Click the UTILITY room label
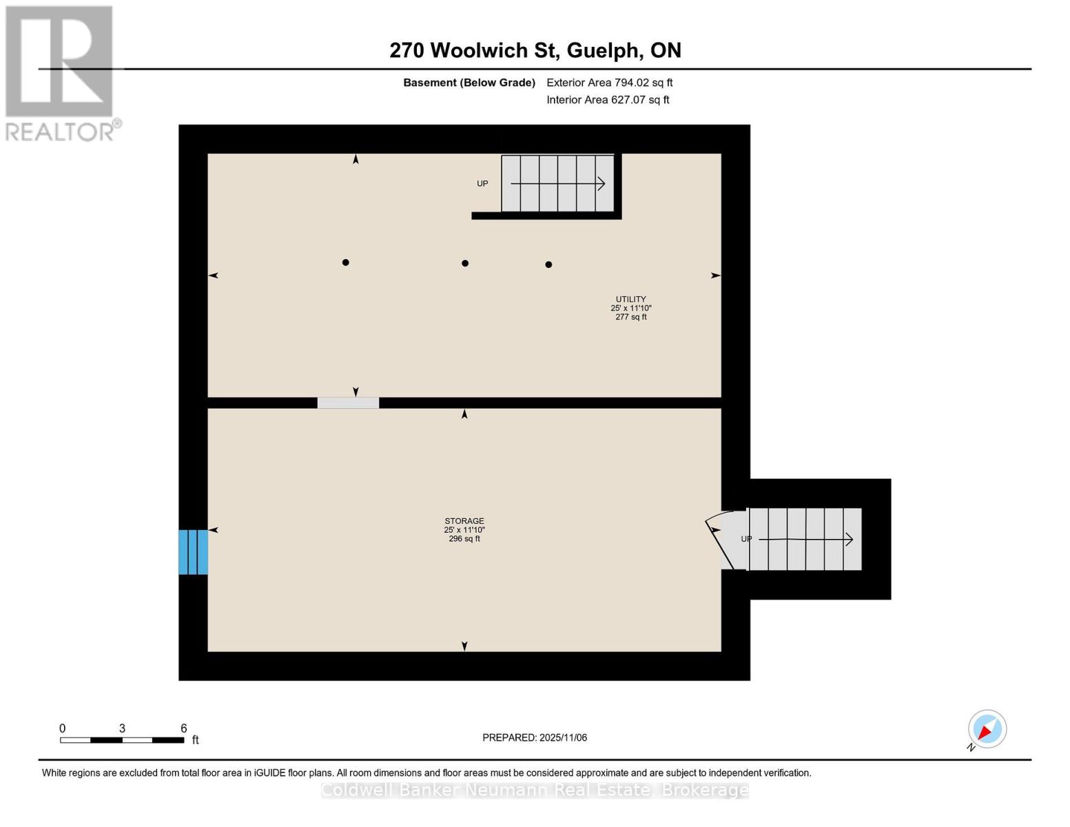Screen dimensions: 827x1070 click(x=630, y=300)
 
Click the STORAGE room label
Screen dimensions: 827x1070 click(x=464, y=521)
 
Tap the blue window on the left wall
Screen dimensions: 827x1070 click(x=193, y=552)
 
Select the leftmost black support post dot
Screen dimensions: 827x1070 click(x=346, y=263)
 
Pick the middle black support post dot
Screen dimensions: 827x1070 click(x=465, y=263)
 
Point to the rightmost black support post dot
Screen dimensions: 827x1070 click(x=548, y=265)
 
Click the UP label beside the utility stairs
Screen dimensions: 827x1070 click(x=482, y=184)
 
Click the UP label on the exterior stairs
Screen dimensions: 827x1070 click(x=746, y=540)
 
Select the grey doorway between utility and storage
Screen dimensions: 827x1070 click(x=348, y=403)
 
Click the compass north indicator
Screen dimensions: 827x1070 click(x=987, y=729)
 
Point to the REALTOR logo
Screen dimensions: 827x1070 click(x=61, y=73)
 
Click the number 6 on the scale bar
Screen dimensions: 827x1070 click(x=184, y=728)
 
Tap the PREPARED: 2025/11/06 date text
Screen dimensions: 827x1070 click(x=535, y=738)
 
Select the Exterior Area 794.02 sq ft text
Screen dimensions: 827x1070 click(x=609, y=83)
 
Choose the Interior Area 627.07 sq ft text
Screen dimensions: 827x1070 click(x=608, y=100)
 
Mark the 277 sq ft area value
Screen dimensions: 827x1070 click(x=630, y=317)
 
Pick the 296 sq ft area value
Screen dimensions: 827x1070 click(x=464, y=539)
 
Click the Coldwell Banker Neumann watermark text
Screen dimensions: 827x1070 click(x=535, y=790)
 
